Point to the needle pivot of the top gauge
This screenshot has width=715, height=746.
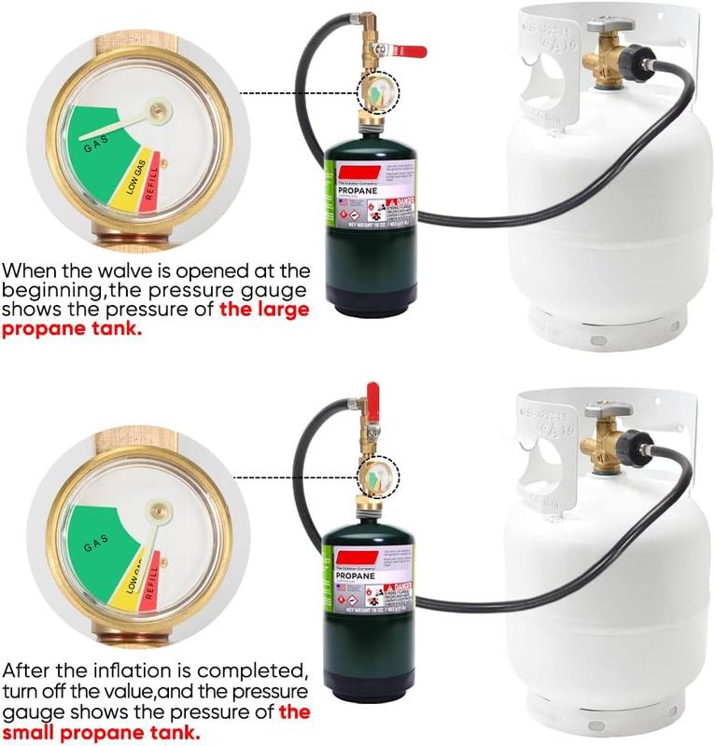[x=160, y=112]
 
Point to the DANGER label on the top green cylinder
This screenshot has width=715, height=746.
[x=396, y=203]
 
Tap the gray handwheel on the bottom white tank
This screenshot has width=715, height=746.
[x=609, y=409]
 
